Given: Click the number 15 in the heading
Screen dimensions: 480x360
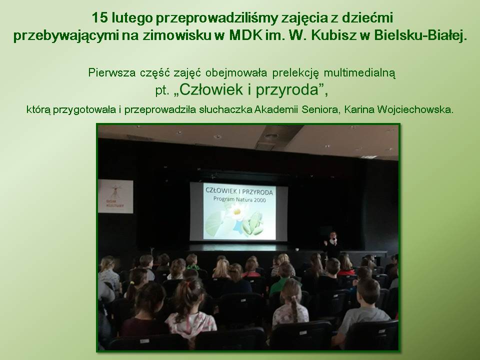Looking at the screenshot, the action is (100, 18).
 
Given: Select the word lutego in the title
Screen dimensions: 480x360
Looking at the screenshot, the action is (132, 18).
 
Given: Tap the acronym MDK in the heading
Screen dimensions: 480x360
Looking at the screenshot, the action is (245, 35).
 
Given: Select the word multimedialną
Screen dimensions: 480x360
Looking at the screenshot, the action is (359, 73).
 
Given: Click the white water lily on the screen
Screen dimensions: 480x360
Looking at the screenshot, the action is (236, 212).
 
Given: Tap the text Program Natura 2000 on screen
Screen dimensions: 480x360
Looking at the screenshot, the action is (239, 199).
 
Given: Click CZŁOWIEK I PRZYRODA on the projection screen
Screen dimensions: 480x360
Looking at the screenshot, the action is (239, 191).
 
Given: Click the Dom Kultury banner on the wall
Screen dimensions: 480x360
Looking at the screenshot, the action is (115, 196).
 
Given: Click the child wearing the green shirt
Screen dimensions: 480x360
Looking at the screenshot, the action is (284, 278).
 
